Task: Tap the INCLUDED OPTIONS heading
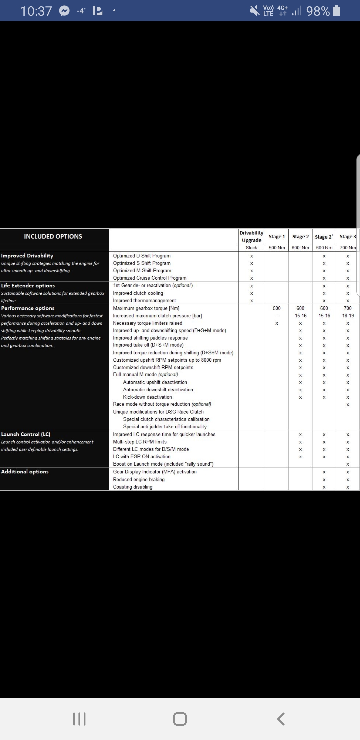(53, 236)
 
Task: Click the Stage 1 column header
(277, 237)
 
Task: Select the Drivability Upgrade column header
(251, 236)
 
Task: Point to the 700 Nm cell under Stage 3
(348, 248)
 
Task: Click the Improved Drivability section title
(27, 256)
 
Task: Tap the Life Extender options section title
(28, 286)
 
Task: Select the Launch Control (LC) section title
(26, 434)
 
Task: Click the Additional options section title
(25, 472)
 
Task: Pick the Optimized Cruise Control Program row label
(150, 278)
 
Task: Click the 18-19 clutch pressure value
(348, 316)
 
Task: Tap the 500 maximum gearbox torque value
(277, 308)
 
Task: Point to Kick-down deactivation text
(147, 397)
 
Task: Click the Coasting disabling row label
(133, 487)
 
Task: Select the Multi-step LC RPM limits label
(140, 442)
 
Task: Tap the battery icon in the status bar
(337, 11)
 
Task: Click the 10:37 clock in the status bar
(36, 11)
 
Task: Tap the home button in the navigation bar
(180, 719)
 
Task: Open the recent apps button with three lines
(79, 719)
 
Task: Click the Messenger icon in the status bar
(64, 11)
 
